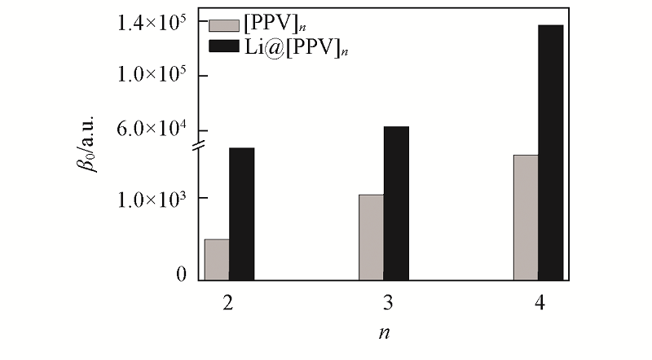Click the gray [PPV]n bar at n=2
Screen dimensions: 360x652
coord(217,259)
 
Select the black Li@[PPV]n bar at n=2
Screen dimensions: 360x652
coord(242,213)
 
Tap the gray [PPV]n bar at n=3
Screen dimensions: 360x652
coord(372,237)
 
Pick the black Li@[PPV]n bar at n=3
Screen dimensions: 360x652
coord(396,203)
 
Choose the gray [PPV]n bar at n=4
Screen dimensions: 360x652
coord(526,217)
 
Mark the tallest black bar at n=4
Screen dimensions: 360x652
coord(551,152)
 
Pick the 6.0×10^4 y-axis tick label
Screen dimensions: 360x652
coord(152,130)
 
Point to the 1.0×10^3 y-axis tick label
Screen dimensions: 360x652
coord(152,199)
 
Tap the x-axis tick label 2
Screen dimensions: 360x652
coord(229,303)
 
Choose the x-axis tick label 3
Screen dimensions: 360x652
coord(384,303)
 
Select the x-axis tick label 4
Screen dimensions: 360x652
coord(539,303)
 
